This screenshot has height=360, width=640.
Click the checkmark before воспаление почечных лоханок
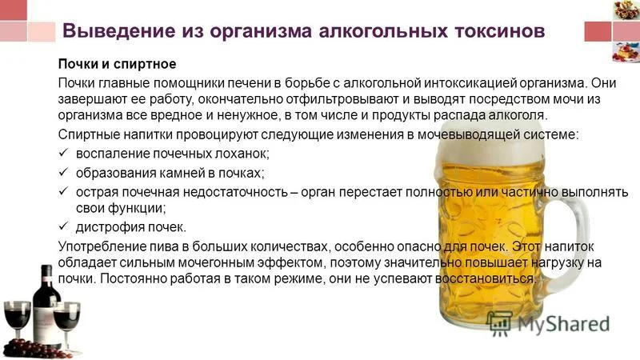65,153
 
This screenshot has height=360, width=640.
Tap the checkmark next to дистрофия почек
65,226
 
